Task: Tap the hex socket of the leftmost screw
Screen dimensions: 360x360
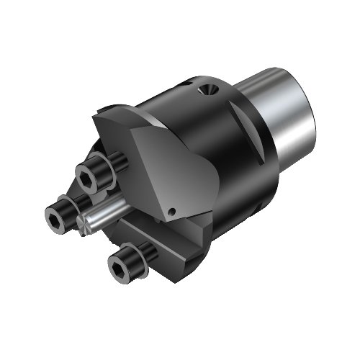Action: pyautogui.click(x=55, y=214)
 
